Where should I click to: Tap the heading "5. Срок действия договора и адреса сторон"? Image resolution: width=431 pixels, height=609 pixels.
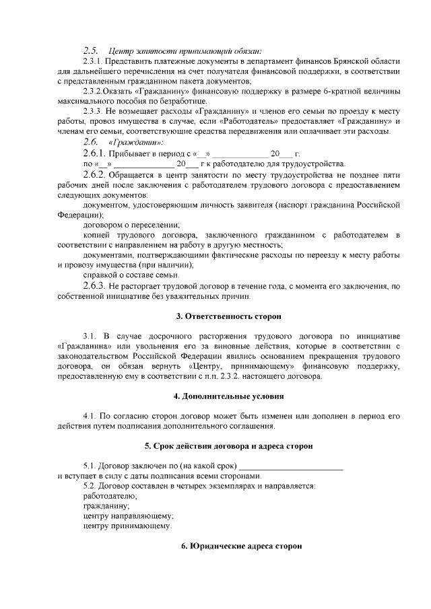click(x=228, y=446)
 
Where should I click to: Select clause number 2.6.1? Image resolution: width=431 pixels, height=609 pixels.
click(x=94, y=154)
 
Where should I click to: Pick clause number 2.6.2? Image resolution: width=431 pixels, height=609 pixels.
click(x=94, y=174)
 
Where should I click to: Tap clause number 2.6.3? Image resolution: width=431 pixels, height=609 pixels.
click(x=94, y=286)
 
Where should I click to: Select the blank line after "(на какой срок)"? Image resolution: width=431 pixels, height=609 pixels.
click(x=291, y=466)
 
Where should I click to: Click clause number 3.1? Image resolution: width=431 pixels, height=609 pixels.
click(x=90, y=335)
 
